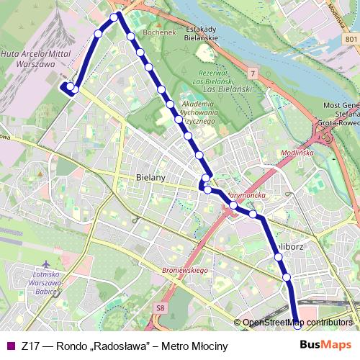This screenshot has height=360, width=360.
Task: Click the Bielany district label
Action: tap(150, 176)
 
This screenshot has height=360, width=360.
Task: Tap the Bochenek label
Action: tap(159, 33)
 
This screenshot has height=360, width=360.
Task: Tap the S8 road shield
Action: tap(159, 307)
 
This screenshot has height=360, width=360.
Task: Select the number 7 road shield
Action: tap(253, 73)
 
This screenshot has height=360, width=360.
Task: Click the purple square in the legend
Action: tap(9, 346)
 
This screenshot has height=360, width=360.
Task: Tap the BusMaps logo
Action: tap(326, 346)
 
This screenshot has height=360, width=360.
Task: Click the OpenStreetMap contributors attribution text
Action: tap(297, 323)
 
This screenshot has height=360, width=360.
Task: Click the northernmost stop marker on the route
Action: tap(114, 17)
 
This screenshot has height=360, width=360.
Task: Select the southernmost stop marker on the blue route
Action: tap(297, 323)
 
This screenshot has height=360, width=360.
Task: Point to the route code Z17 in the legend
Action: tap(30, 346)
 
